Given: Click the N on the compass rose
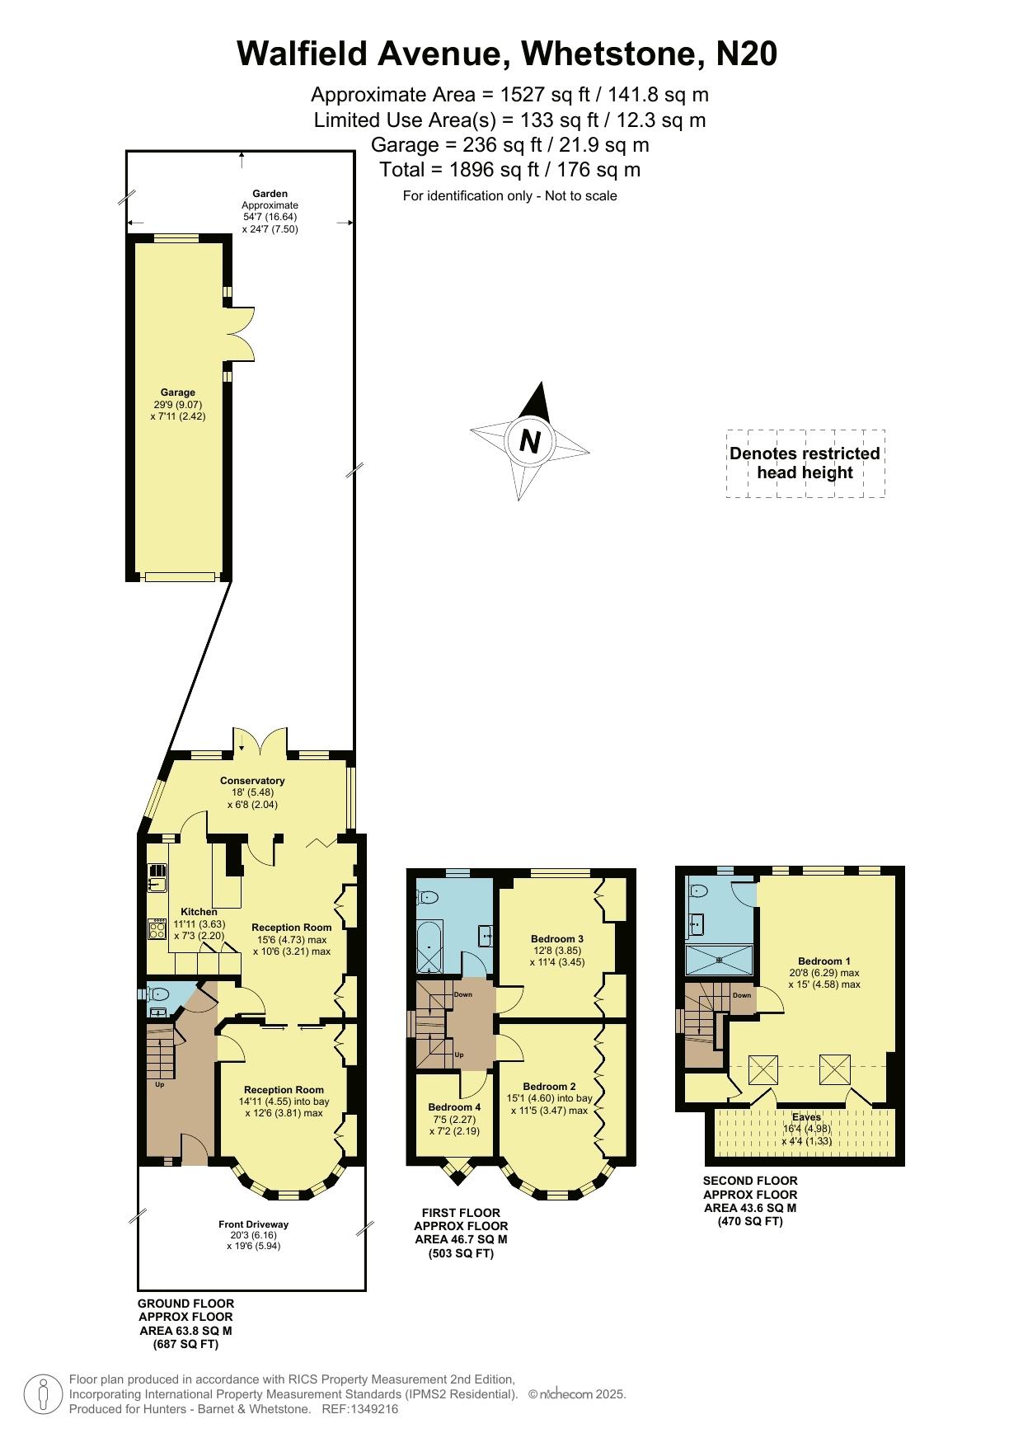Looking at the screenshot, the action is [530, 442].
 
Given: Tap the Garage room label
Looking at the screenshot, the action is [178, 392].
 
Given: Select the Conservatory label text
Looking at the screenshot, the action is [252, 781].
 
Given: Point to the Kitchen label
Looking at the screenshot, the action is [199, 912].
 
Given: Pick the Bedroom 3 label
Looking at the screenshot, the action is [557, 938].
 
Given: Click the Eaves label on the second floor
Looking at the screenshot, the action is [806, 1117].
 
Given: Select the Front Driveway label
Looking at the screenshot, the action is [254, 1224].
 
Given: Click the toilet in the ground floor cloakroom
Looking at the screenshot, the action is [157, 994].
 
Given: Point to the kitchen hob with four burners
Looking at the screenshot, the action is [157, 929].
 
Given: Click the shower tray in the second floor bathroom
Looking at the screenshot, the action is [720, 960].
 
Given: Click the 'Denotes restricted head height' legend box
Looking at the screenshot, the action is [805, 463].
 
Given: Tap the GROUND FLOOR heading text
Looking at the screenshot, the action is [185, 1304].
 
